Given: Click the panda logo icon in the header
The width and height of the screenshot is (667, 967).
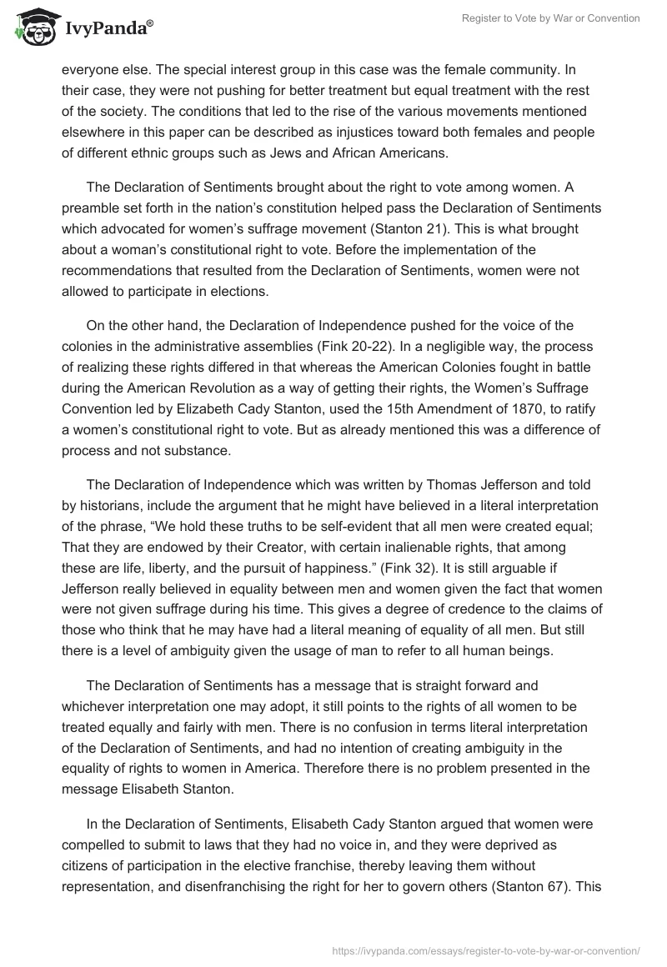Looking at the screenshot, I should pyautogui.click(x=32, y=28).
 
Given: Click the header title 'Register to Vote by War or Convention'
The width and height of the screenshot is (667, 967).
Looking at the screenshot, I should pyautogui.click(x=551, y=18).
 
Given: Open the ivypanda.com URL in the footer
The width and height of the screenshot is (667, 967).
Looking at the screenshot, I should pyautogui.click(x=486, y=949).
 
